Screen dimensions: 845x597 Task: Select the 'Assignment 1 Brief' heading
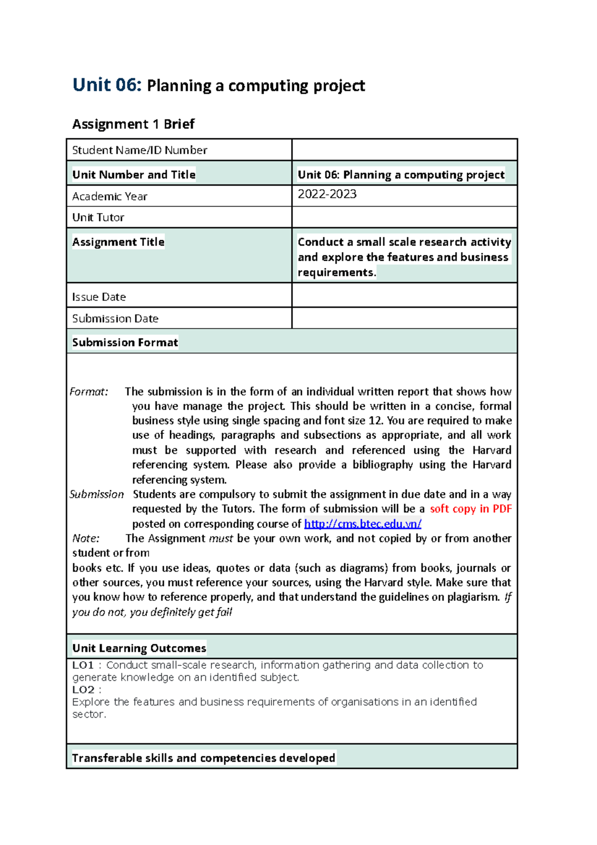(133, 124)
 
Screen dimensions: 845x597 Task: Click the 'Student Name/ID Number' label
(139, 150)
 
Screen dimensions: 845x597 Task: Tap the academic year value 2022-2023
(327, 194)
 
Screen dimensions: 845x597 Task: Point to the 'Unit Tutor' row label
(98, 217)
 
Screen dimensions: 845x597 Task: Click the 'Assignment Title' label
(118, 242)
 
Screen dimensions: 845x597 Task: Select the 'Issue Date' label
(99, 297)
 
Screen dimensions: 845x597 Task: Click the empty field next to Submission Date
(404, 318)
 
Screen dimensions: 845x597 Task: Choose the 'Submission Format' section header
(125, 342)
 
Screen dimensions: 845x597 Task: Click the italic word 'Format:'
(89, 392)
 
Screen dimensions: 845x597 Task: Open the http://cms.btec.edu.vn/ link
(363, 524)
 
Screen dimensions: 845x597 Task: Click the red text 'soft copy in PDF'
(471, 509)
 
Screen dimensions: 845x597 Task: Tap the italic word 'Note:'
(86, 538)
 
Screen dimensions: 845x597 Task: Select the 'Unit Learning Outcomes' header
(139, 648)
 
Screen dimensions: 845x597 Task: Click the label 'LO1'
(83, 665)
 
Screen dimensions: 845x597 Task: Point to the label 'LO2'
(83, 690)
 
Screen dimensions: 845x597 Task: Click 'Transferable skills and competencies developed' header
(203, 758)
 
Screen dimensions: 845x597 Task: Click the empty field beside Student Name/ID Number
(404, 150)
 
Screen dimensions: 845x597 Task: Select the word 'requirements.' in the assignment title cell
(336, 273)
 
